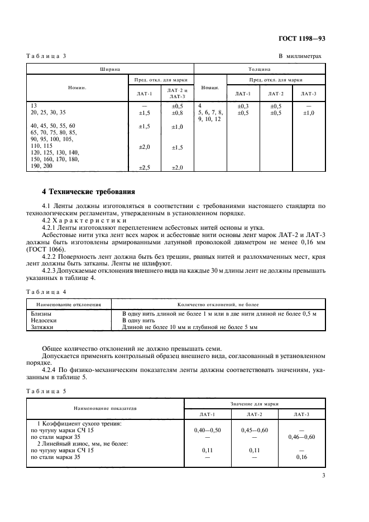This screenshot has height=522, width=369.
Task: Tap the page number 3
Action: coord(323,475)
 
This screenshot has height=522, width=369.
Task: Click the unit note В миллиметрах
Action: coord(300,56)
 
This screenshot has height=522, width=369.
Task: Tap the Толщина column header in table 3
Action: coord(259,70)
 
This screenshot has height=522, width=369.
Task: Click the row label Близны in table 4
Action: coord(41,314)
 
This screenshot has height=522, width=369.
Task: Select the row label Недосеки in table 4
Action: coord(43,321)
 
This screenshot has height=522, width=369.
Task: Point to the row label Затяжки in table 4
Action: coord(42,328)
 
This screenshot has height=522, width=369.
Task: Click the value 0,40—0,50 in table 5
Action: coord(207,430)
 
